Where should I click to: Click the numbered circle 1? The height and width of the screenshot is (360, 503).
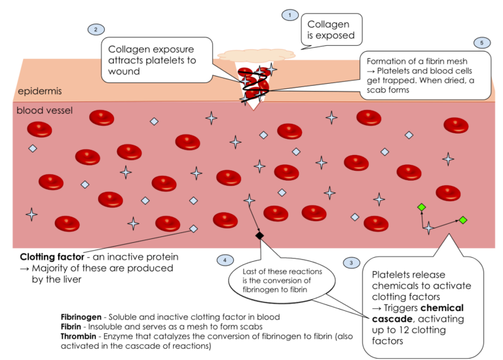(x=289, y=14)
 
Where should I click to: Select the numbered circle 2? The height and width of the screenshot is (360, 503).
(x=96, y=29)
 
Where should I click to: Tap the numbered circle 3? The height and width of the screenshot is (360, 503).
(x=351, y=262)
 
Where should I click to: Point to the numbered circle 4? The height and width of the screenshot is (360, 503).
(x=225, y=260)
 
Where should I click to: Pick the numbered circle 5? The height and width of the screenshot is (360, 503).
(x=481, y=43)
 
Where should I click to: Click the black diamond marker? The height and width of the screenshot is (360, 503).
(x=260, y=235)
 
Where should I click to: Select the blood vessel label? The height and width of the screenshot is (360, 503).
(x=45, y=111)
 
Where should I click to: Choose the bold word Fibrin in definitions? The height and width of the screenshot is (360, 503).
(x=73, y=327)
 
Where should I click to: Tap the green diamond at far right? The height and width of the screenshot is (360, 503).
(x=463, y=220)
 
